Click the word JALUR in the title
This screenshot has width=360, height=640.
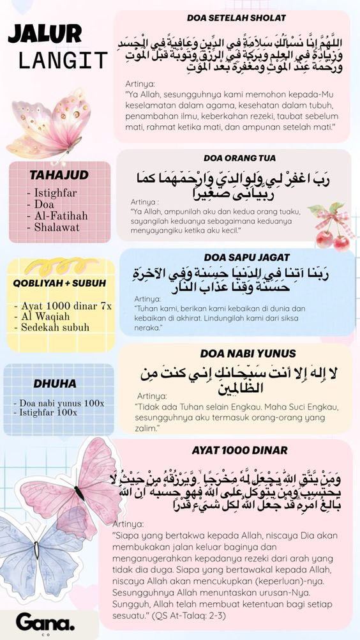[45, 34]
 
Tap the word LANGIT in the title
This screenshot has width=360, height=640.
[63, 61]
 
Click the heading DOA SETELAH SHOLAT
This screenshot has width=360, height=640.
[236, 18]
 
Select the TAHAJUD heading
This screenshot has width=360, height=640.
[59, 175]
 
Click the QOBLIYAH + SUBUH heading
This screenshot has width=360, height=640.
[59, 283]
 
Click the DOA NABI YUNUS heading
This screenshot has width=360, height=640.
[239, 353]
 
